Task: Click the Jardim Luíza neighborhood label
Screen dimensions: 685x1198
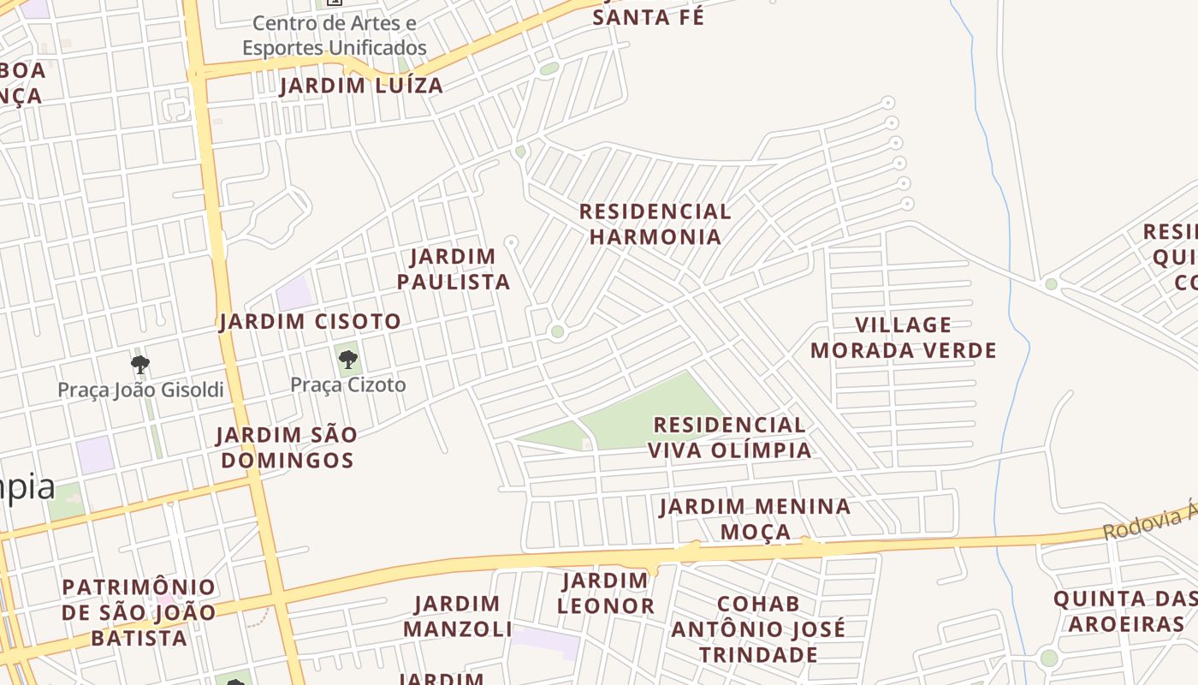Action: click(x=361, y=86)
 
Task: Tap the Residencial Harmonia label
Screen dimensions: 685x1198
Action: click(x=655, y=224)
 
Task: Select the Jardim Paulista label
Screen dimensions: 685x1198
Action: click(x=454, y=269)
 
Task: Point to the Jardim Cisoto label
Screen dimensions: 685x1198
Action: click(x=310, y=322)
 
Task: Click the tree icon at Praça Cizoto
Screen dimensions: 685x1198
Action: click(x=347, y=360)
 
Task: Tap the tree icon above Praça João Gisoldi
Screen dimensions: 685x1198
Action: click(x=140, y=366)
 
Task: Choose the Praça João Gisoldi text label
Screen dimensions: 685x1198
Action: click(x=140, y=390)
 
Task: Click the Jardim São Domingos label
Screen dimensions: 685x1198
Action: click(x=286, y=448)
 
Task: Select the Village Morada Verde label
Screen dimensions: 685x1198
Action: click(x=904, y=337)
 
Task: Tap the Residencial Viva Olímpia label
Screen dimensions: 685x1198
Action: click(x=729, y=438)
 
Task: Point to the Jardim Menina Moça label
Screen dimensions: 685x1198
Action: click(x=755, y=519)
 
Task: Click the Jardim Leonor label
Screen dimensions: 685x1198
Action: click(x=606, y=593)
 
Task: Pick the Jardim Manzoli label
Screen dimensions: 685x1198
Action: click(x=457, y=616)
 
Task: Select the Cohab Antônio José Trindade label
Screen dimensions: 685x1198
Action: click(x=758, y=629)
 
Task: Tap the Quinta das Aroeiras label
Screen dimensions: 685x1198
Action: click(x=1125, y=611)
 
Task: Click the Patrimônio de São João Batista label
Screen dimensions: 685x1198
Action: click(x=139, y=612)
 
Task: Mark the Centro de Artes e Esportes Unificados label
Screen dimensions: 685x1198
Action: click(x=334, y=35)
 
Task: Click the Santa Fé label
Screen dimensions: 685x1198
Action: click(x=649, y=17)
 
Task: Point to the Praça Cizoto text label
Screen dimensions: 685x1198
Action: click(x=348, y=385)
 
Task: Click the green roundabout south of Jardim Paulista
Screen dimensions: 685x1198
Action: click(x=558, y=331)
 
